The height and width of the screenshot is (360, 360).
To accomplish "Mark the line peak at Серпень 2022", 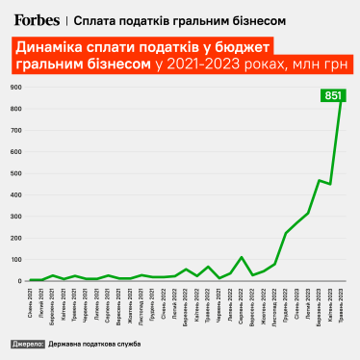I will coord(242,257).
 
